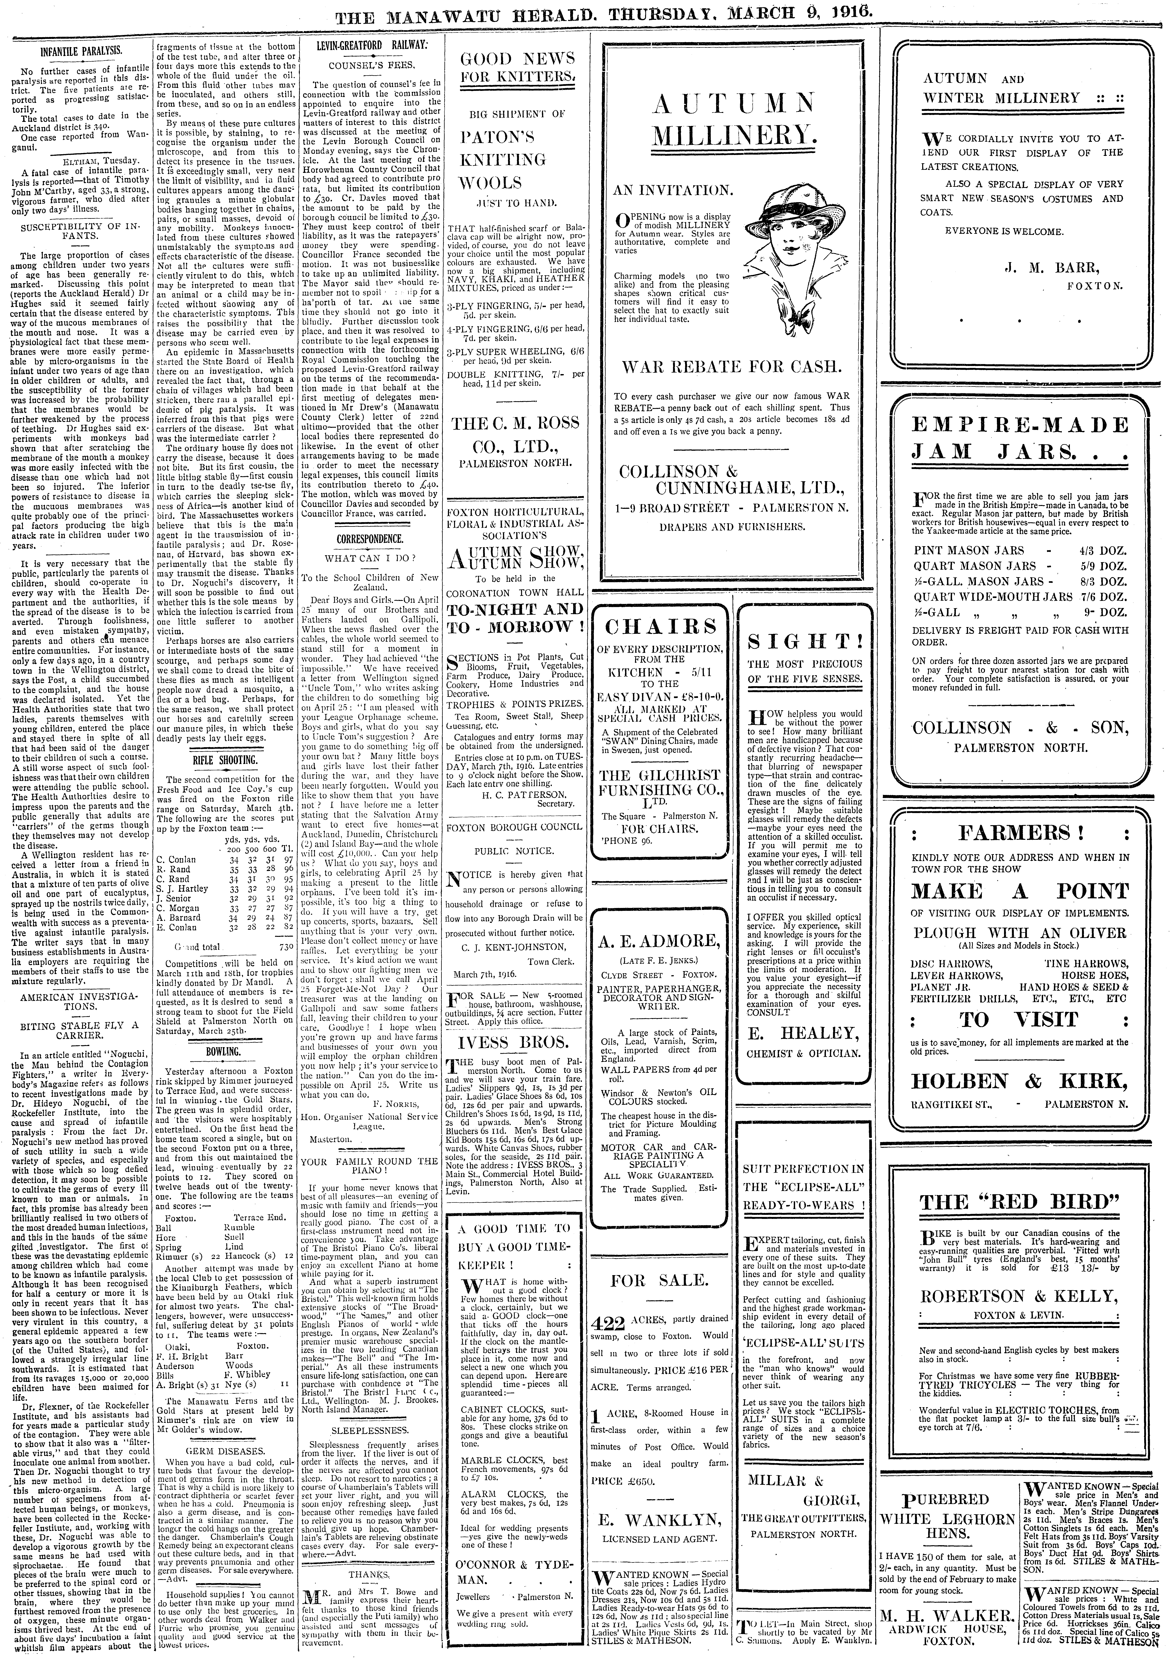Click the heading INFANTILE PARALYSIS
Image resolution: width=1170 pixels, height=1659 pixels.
(80, 52)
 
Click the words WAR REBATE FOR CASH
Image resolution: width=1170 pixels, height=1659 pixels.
(732, 366)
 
